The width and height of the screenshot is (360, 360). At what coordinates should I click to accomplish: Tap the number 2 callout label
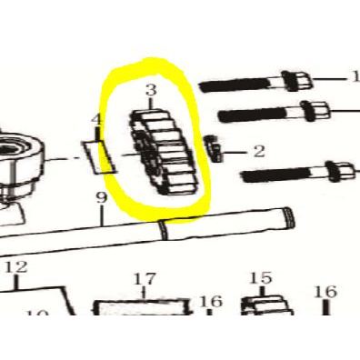click(x=258, y=150)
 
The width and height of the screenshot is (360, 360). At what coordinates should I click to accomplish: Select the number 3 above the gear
click(x=151, y=90)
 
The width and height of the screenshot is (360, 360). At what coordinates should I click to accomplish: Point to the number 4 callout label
click(x=96, y=120)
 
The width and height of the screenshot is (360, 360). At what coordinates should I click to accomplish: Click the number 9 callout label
click(x=102, y=198)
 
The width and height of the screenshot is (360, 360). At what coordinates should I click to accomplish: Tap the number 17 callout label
click(x=145, y=278)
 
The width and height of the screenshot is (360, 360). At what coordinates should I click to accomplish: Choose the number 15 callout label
click(x=260, y=278)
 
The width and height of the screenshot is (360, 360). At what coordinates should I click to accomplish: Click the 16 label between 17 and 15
click(x=211, y=301)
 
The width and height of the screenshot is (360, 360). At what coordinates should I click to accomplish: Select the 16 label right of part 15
click(x=325, y=292)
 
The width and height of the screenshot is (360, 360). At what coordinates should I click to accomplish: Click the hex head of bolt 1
click(x=295, y=82)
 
